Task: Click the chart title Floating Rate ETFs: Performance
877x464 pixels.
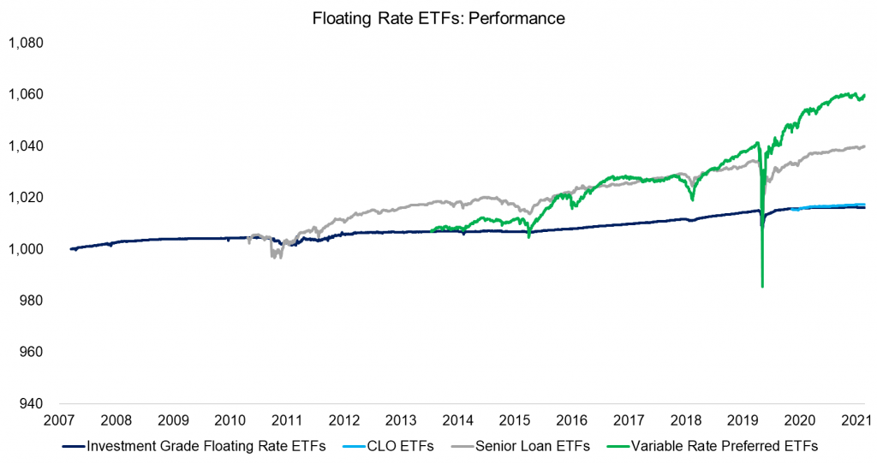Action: pos(438,17)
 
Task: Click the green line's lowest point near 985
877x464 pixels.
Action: pos(762,287)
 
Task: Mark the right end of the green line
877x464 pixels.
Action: pos(864,95)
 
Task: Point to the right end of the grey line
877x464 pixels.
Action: pos(864,146)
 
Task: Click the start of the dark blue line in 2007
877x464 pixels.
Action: pos(71,249)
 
